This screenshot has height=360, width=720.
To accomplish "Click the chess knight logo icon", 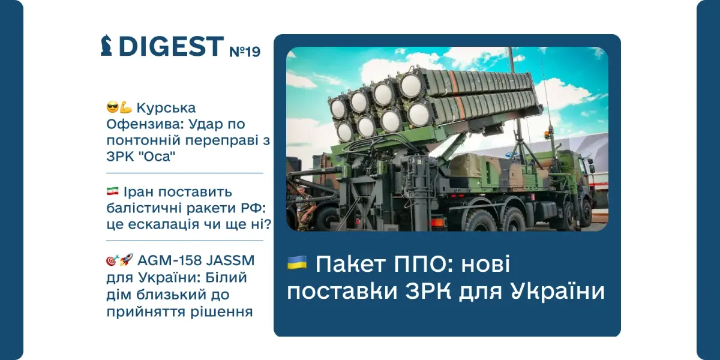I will pos(107,46).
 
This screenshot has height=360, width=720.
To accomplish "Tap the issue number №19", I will pos(245,51).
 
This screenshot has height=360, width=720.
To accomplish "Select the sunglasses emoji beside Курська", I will pos(112,108).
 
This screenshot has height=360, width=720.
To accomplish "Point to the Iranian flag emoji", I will pos(112,192).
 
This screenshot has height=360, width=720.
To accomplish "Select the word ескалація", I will pos(158,224).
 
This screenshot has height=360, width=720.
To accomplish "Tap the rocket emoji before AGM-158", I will pos(125,261).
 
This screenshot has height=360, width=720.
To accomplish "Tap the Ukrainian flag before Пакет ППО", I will pos(297,262).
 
